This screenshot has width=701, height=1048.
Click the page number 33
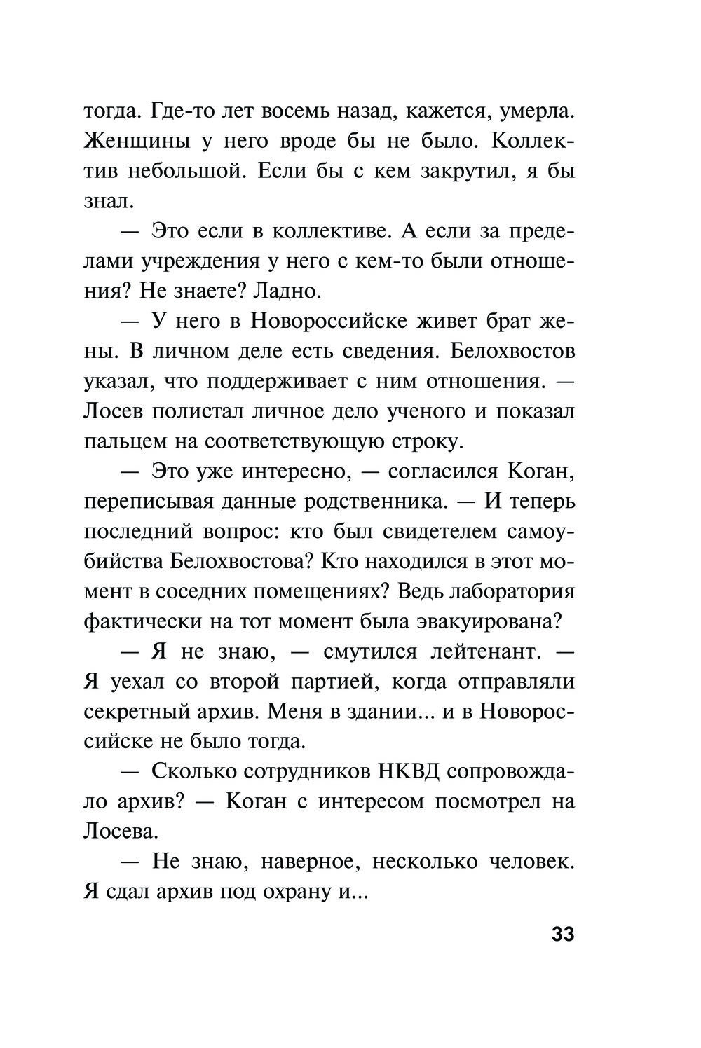click(563, 935)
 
